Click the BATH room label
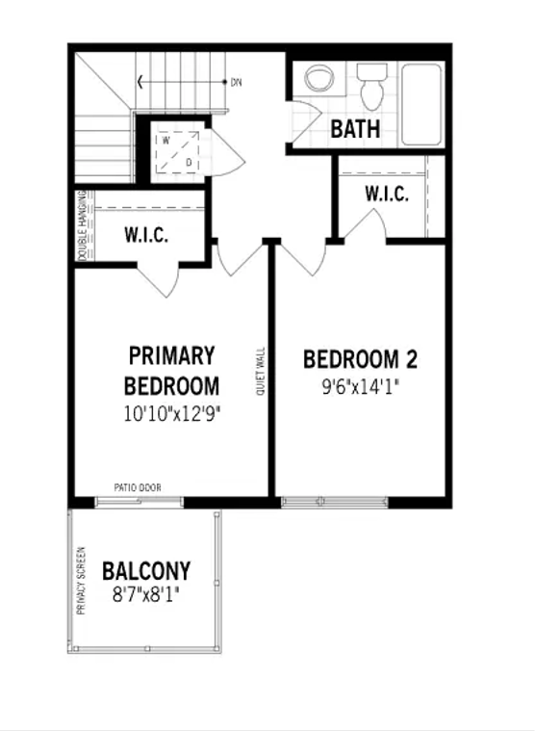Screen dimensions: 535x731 [x=355, y=129]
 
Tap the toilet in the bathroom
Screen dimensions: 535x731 [x=372, y=87]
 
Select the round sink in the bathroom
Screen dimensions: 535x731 [x=318, y=77]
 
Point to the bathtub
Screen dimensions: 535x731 [x=420, y=104]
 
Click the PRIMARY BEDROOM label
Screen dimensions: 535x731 [x=172, y=371]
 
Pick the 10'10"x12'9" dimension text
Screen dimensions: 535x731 [x=172, y=413]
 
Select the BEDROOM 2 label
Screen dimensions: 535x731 [x=360, y=359]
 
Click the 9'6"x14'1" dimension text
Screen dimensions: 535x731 [x=361, y=386]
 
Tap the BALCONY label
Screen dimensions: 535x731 [x=146, y=571]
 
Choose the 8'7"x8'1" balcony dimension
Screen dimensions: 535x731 [x=145, y=594]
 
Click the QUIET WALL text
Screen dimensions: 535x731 [x=260, y=371]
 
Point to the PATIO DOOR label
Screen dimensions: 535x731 [x=138, y=487]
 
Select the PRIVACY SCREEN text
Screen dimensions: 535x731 [x=81, y=581]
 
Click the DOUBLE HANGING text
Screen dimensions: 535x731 [x=82, y=225]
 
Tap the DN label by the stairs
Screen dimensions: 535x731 [x=236, y=83]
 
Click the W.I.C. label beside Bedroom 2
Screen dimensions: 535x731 [x=387, y=194]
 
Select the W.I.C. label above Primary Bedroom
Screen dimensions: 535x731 [x=146, y=235]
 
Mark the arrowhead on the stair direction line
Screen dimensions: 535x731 [x=140, y=82]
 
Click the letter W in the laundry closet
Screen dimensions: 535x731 [x=166, y=141]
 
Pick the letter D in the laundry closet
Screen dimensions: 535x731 [x=189, y=162]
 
